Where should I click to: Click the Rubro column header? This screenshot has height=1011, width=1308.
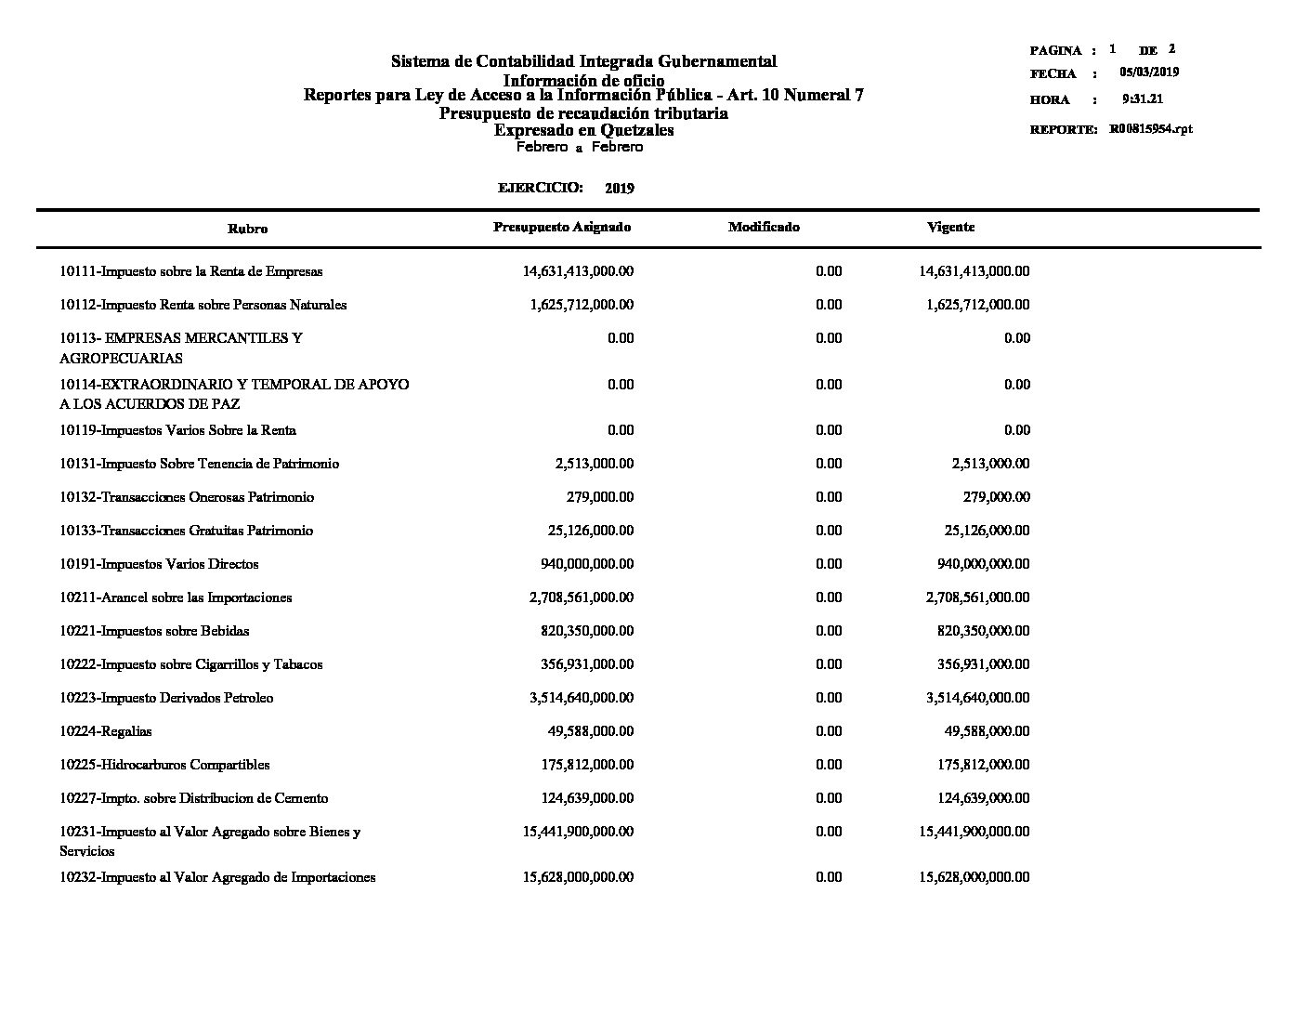point(248,229)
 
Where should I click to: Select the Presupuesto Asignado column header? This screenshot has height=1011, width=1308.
point(562,227)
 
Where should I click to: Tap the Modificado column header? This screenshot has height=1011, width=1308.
point(764,227)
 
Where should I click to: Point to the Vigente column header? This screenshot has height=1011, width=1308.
point(950,227)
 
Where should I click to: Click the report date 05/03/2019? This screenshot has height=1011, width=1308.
point(1149,72)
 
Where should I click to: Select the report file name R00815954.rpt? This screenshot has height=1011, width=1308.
point(1150,129)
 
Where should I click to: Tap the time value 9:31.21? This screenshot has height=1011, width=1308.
point(1143,98)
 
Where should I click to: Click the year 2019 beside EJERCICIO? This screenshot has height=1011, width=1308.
point(619,188)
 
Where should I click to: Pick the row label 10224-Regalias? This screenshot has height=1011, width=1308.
point(106,731)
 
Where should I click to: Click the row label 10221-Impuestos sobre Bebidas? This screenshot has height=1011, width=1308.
point(154,631)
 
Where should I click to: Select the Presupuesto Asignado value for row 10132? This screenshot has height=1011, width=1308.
point(600,497)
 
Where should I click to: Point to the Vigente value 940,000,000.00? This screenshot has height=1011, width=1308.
point(984,564)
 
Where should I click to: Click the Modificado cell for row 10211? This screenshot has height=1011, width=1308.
point(828,597)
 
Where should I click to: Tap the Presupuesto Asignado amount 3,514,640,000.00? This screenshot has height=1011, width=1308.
point(582,698)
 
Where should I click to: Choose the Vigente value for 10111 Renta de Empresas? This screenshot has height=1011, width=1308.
point(974,271)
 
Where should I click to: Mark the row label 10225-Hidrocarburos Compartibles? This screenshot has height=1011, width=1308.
point(164,765)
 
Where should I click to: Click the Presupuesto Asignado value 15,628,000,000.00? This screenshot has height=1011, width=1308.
point(578,877)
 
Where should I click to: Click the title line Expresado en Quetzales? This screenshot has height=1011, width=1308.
point(583,130)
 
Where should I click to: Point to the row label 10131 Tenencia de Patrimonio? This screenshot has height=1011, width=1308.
point(199,464)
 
